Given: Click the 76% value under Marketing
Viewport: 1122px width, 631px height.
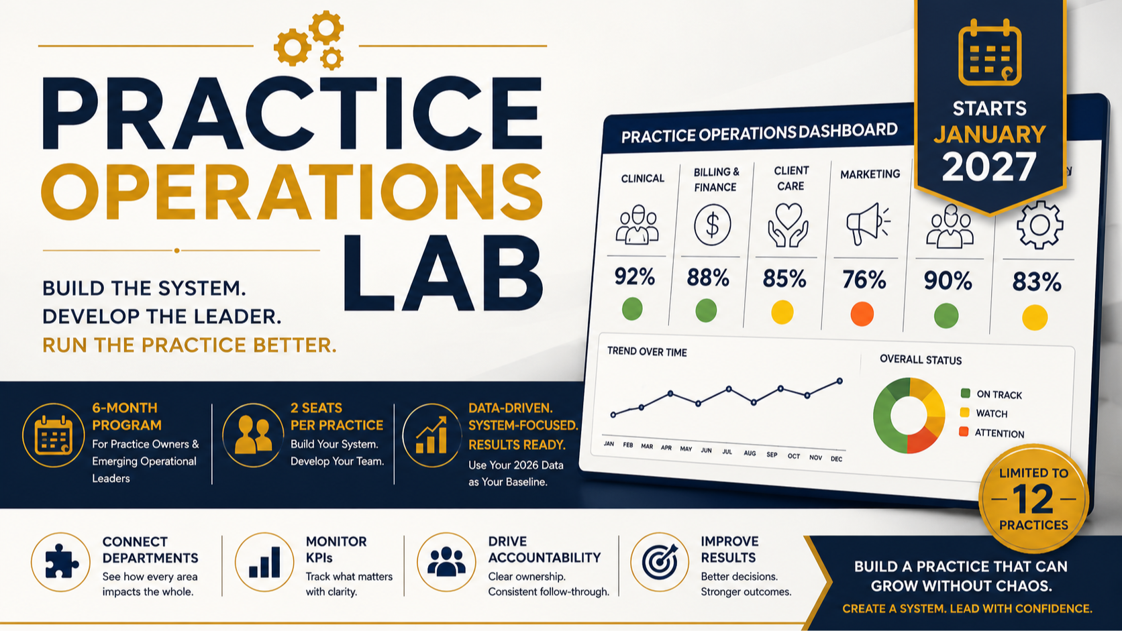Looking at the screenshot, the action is pos(864,279).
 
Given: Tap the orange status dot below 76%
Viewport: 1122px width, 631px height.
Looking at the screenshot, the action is pos(862,314).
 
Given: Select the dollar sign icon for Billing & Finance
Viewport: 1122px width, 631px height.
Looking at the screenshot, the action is pos(712,225).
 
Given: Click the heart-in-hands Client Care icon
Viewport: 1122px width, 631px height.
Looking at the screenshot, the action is pos(788,225).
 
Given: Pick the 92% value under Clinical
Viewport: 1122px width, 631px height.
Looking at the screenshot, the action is pos(635,276).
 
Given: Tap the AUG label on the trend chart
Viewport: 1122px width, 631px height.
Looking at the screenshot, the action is pos(750,453).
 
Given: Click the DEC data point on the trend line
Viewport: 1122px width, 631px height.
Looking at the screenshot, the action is pos(839,382).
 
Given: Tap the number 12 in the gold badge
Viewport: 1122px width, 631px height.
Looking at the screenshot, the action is pos(1033,500).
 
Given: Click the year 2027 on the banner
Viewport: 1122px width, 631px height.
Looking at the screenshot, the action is pos(988,166).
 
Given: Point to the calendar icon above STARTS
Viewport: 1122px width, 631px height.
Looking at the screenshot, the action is pos(990,52).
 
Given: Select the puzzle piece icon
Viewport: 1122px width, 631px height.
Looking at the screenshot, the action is pos(61,561).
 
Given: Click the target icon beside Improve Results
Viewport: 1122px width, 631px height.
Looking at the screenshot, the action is pos(660,561).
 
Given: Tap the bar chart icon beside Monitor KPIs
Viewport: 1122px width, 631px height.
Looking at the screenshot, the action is pos(264,562).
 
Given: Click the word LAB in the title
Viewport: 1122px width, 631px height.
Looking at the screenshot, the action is pos(443,273).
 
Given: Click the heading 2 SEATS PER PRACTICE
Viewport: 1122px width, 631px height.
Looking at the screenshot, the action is pos(337,416).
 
